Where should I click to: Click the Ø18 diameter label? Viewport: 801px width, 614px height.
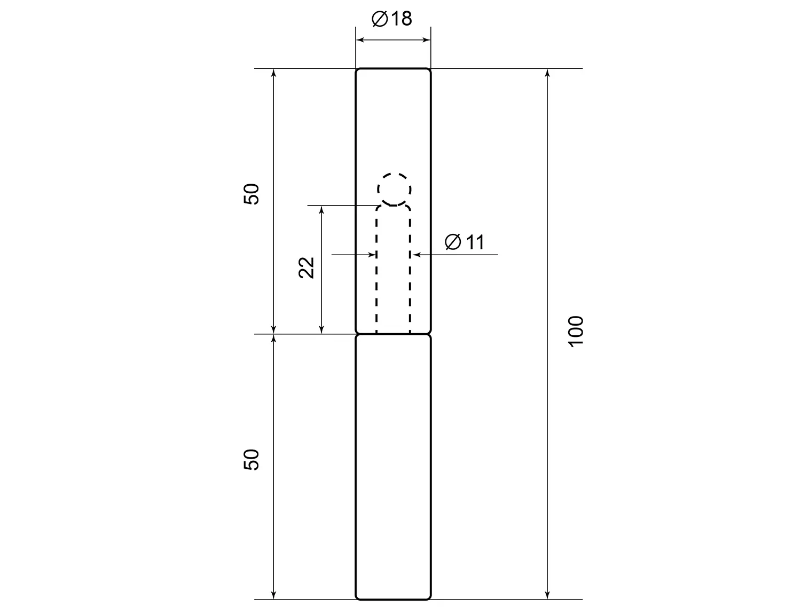point(391,19)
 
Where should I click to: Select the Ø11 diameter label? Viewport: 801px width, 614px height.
point(465,242)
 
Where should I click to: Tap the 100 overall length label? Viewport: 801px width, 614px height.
point(576,332)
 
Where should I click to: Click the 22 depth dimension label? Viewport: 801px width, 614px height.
point(307,267)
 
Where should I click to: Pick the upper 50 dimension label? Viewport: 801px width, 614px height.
point(252,194)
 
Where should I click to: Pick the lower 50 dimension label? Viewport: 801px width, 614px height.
point(252,460)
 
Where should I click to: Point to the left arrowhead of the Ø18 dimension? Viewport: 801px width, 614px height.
point(360,40)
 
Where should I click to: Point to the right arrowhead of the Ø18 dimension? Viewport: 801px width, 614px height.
point(426,40)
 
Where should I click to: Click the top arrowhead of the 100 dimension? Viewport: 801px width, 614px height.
point(547,73)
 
